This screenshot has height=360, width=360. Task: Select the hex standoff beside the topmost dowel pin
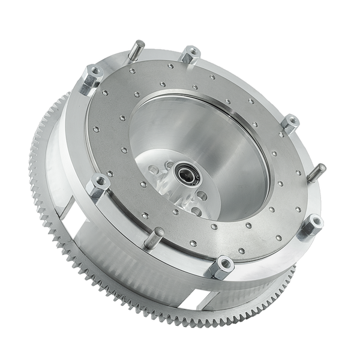[190, 55]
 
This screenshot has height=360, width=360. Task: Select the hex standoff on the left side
[97, 187]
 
